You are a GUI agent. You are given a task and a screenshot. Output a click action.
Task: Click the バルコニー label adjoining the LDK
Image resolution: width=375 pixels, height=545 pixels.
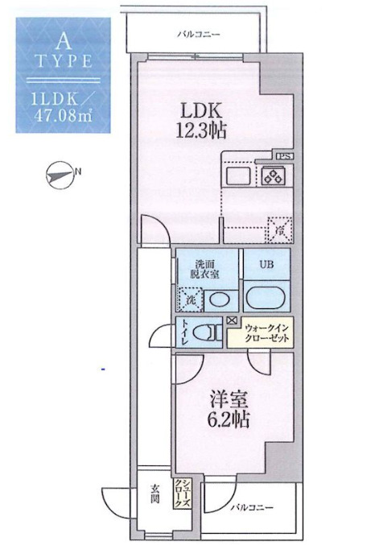[x=199, y=35]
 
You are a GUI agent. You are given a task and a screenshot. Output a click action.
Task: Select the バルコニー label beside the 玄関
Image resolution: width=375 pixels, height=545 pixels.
[x=249, y=509]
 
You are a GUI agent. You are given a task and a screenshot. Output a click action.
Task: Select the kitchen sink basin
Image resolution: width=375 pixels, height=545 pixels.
[x=239, y=175]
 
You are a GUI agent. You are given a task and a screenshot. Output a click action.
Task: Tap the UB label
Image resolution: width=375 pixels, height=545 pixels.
[x=266, y=263]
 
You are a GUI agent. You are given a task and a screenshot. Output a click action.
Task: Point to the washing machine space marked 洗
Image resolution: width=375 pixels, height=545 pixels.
[x=190, y=299]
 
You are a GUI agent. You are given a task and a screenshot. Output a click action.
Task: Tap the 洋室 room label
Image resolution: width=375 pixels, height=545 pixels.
[x=218, y=398]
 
